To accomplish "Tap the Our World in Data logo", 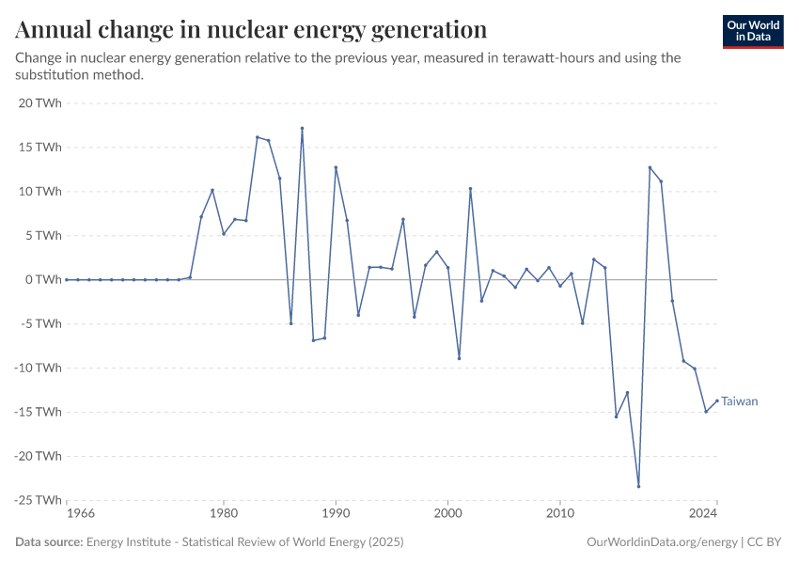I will pyautogui.click(x=753, y=31).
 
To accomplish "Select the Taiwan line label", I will pyautogui.click(x=740, y=401).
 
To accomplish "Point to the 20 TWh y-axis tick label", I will pyautogui.click(x=39, y=103).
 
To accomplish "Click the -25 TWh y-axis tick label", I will pyautogui.click(x=37, y=500).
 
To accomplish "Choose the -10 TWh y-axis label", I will pyautogui.click(x=37, y=368).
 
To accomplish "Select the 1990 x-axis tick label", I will pyautogui.click(x=336, y=514).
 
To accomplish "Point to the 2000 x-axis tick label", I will pyautogui.click(x=447, y=514).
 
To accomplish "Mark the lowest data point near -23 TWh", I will pyautogui.click(x=638, y=486).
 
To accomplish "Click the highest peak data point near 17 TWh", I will pyautogui.click(x=302, y=128).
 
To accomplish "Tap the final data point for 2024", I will pyautogui.click(x=717, y=400).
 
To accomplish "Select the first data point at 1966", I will pyautogui.click(x=67, y=279).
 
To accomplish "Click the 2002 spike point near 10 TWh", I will pyautogui.click(x=470, y=189).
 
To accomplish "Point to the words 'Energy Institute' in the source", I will pyautogui.click(x=124, y=542).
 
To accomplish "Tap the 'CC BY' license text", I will pyautogui.click(x=766, y=542).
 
